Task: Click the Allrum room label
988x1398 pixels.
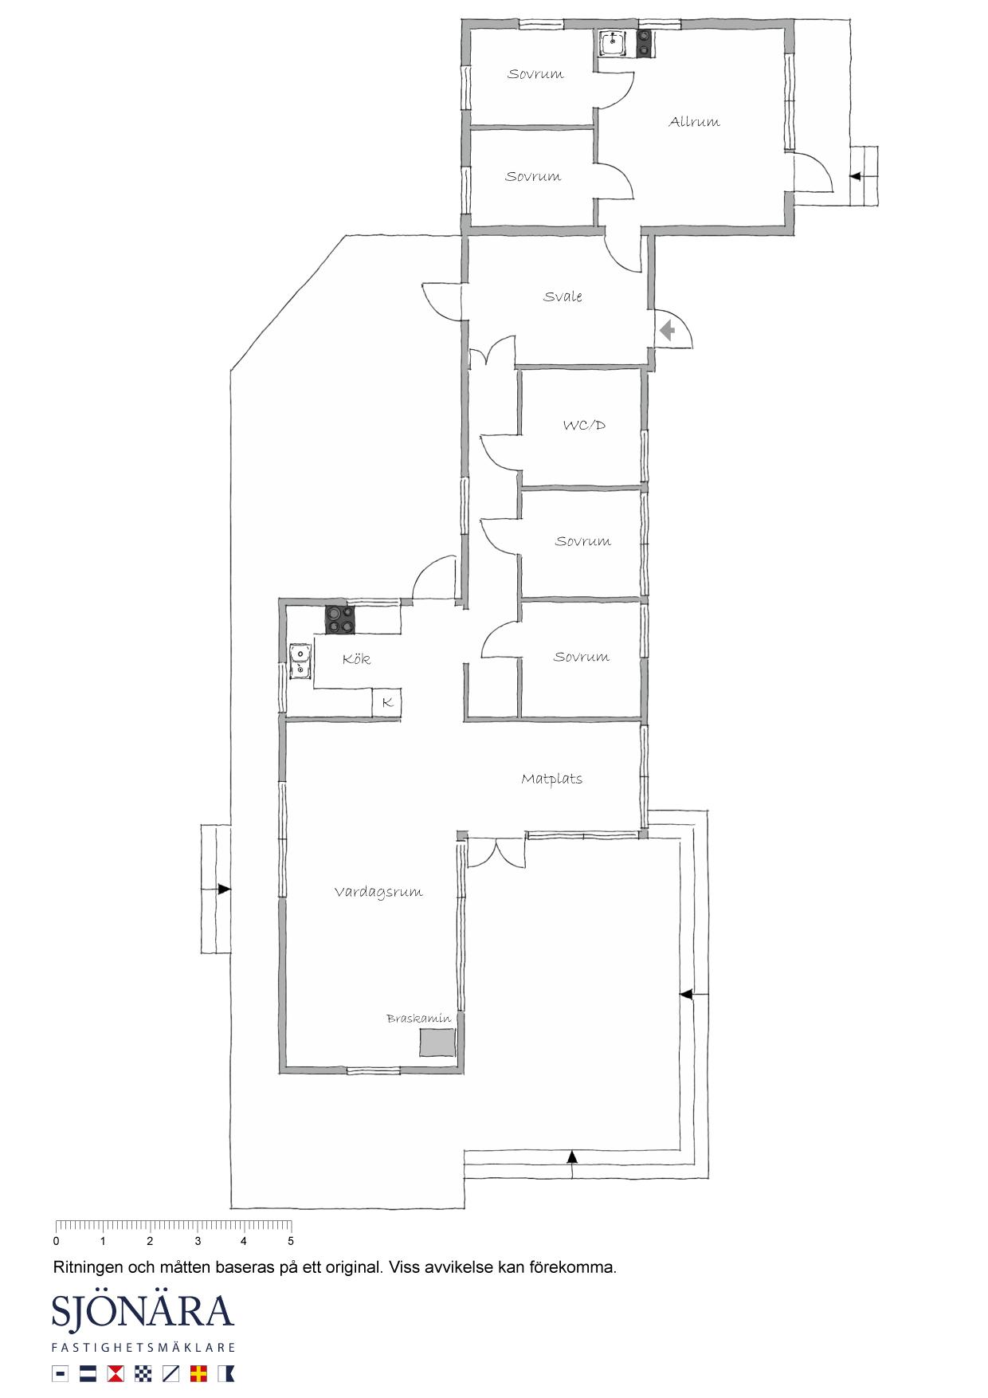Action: tap(694, 122)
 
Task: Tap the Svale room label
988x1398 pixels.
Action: tap(563, 296)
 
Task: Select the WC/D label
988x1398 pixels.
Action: tap(584, 426)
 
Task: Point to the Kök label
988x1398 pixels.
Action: tap(356, 659)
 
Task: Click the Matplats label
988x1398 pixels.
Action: tap(551, 779)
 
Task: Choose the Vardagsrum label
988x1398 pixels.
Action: tap(378, 893)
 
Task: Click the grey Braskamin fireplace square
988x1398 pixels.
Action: tap(437, 1043)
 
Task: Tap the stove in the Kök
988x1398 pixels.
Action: tap(340, 620)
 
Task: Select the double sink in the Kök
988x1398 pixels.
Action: tap(300, 661)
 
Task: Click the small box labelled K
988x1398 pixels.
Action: tap(387, 702)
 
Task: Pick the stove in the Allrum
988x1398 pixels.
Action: tap(644, 43)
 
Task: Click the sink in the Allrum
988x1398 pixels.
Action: tap(612, 43)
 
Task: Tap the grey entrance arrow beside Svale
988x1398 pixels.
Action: tap(667, 329)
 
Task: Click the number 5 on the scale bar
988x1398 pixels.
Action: tap(291, 1241)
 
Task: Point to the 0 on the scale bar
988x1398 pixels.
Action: tap(56, 1241)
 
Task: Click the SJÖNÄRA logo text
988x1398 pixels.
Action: tap(143, 1312)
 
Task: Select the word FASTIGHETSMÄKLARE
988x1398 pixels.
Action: tap(143, 1348)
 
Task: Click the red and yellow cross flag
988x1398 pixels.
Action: tap(198, 1373)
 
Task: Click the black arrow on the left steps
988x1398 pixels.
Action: tap(224, 889)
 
